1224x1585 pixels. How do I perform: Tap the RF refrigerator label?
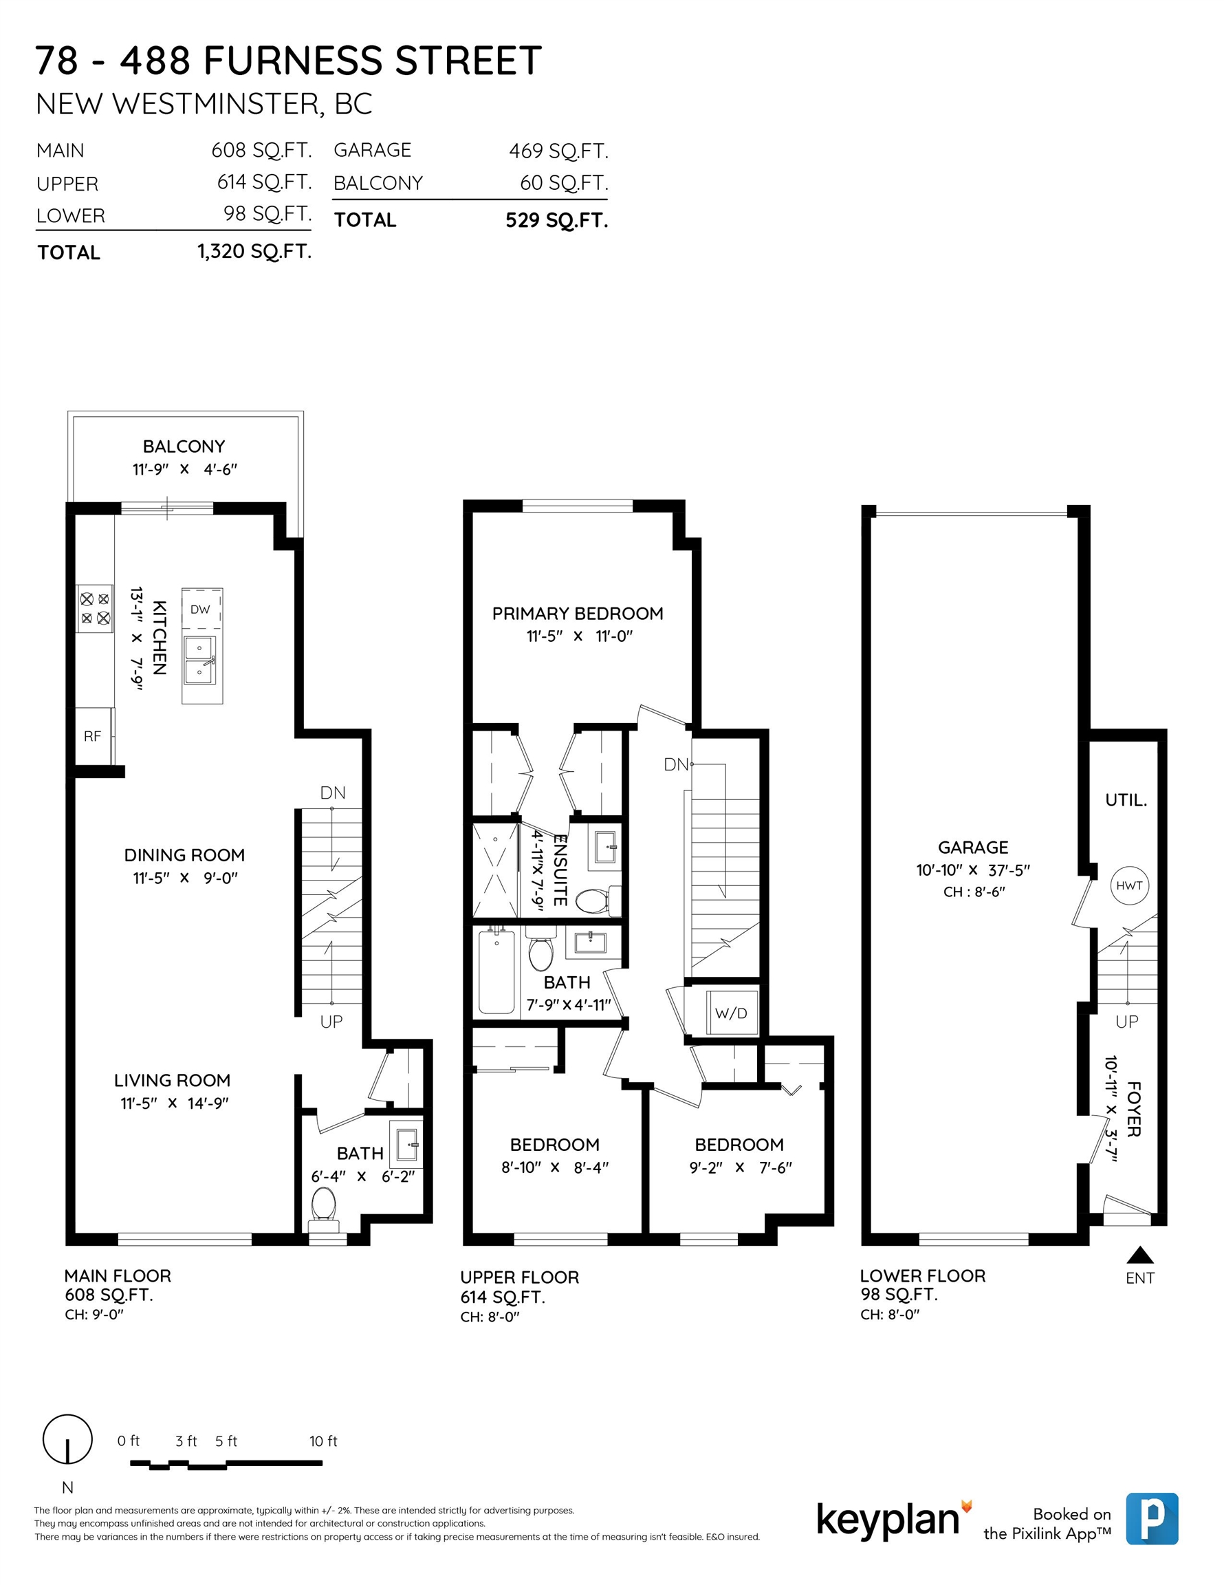92,736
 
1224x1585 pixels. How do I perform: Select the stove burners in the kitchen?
95,608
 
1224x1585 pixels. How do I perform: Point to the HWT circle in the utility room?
1130,885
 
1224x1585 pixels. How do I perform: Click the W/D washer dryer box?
732,1013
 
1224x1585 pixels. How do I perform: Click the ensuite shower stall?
496,870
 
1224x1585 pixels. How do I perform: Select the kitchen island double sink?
200,660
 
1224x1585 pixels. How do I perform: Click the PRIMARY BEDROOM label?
578,613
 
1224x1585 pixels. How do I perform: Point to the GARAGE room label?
973,847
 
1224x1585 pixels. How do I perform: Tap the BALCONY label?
184,446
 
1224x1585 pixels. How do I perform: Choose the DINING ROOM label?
184,855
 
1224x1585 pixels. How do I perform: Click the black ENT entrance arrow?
1140,1255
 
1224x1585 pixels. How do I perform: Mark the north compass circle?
67,1438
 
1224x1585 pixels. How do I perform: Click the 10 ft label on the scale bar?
323,1441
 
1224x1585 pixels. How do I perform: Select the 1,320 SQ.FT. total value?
254,252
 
